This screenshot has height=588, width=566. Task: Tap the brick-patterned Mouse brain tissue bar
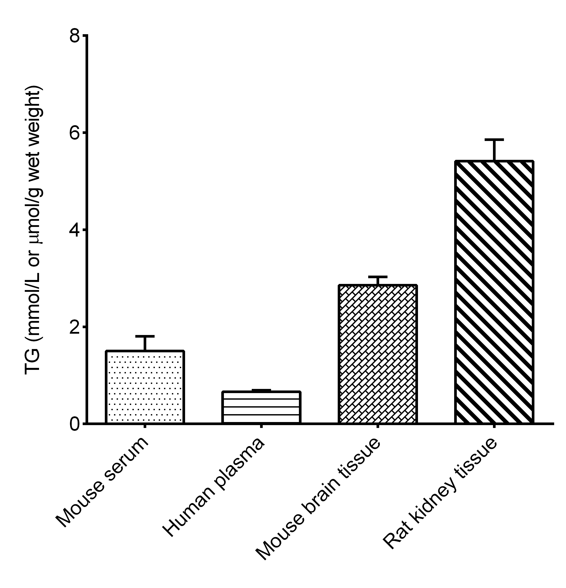click(377, 354)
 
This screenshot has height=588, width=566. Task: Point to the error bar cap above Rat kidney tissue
click(494, 140)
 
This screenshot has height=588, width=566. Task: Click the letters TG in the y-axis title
click(33, 363)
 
